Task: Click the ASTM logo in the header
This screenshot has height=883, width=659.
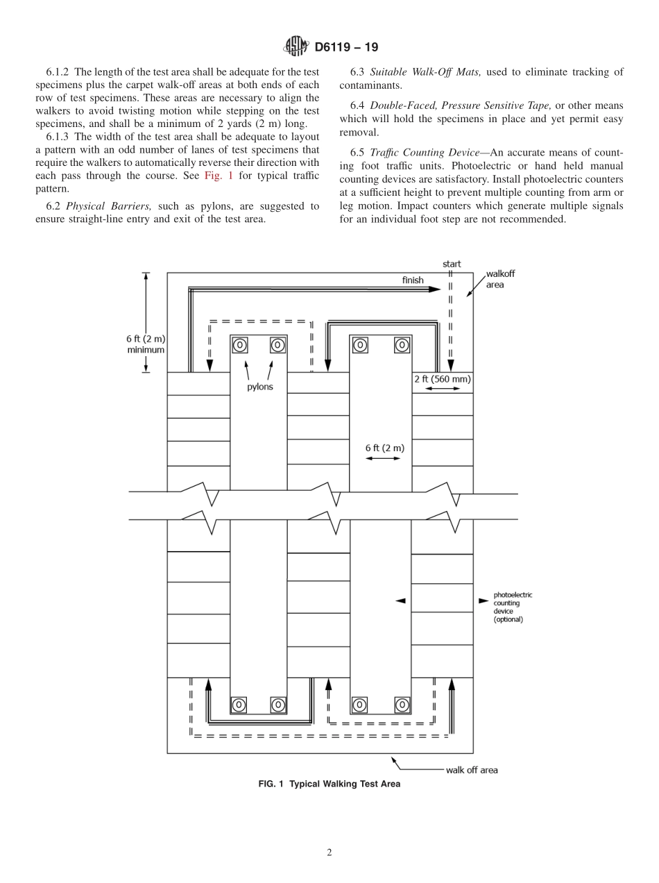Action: (296, 47)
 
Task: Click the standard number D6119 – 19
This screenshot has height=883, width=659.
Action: (346, 48)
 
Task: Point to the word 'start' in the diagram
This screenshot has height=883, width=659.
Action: (452, 264)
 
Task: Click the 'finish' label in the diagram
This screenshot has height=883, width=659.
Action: (413, 280)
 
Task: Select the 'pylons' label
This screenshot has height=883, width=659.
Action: (260, 387)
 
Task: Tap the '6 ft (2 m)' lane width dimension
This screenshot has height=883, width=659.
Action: (384, 448)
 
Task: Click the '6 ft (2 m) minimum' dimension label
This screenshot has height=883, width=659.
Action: (146, 344)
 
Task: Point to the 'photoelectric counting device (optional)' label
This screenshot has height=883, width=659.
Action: (513, 607)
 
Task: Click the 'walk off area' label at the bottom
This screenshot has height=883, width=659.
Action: (472, 770)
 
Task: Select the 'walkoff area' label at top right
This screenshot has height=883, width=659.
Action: (500, 279)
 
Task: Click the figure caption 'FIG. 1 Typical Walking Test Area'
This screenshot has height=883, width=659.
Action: (329, 784)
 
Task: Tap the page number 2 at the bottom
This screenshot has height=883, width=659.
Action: (329, 852)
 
